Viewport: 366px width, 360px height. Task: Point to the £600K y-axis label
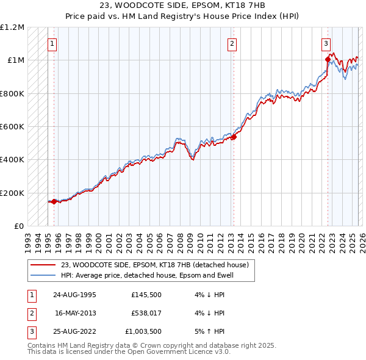[12, 126]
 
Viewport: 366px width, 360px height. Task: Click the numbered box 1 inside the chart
[53, 43]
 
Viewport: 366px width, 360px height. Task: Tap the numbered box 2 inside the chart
[232, 43]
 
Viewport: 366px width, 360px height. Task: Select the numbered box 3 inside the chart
[326, 43]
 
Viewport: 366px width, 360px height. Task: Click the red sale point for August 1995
[54, 201]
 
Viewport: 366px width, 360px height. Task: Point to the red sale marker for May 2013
[233, 137]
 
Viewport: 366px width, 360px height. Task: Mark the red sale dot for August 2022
[328, 59]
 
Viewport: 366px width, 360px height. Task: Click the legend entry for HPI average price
[147, 276]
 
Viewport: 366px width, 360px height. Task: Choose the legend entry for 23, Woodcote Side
[154, 265]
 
